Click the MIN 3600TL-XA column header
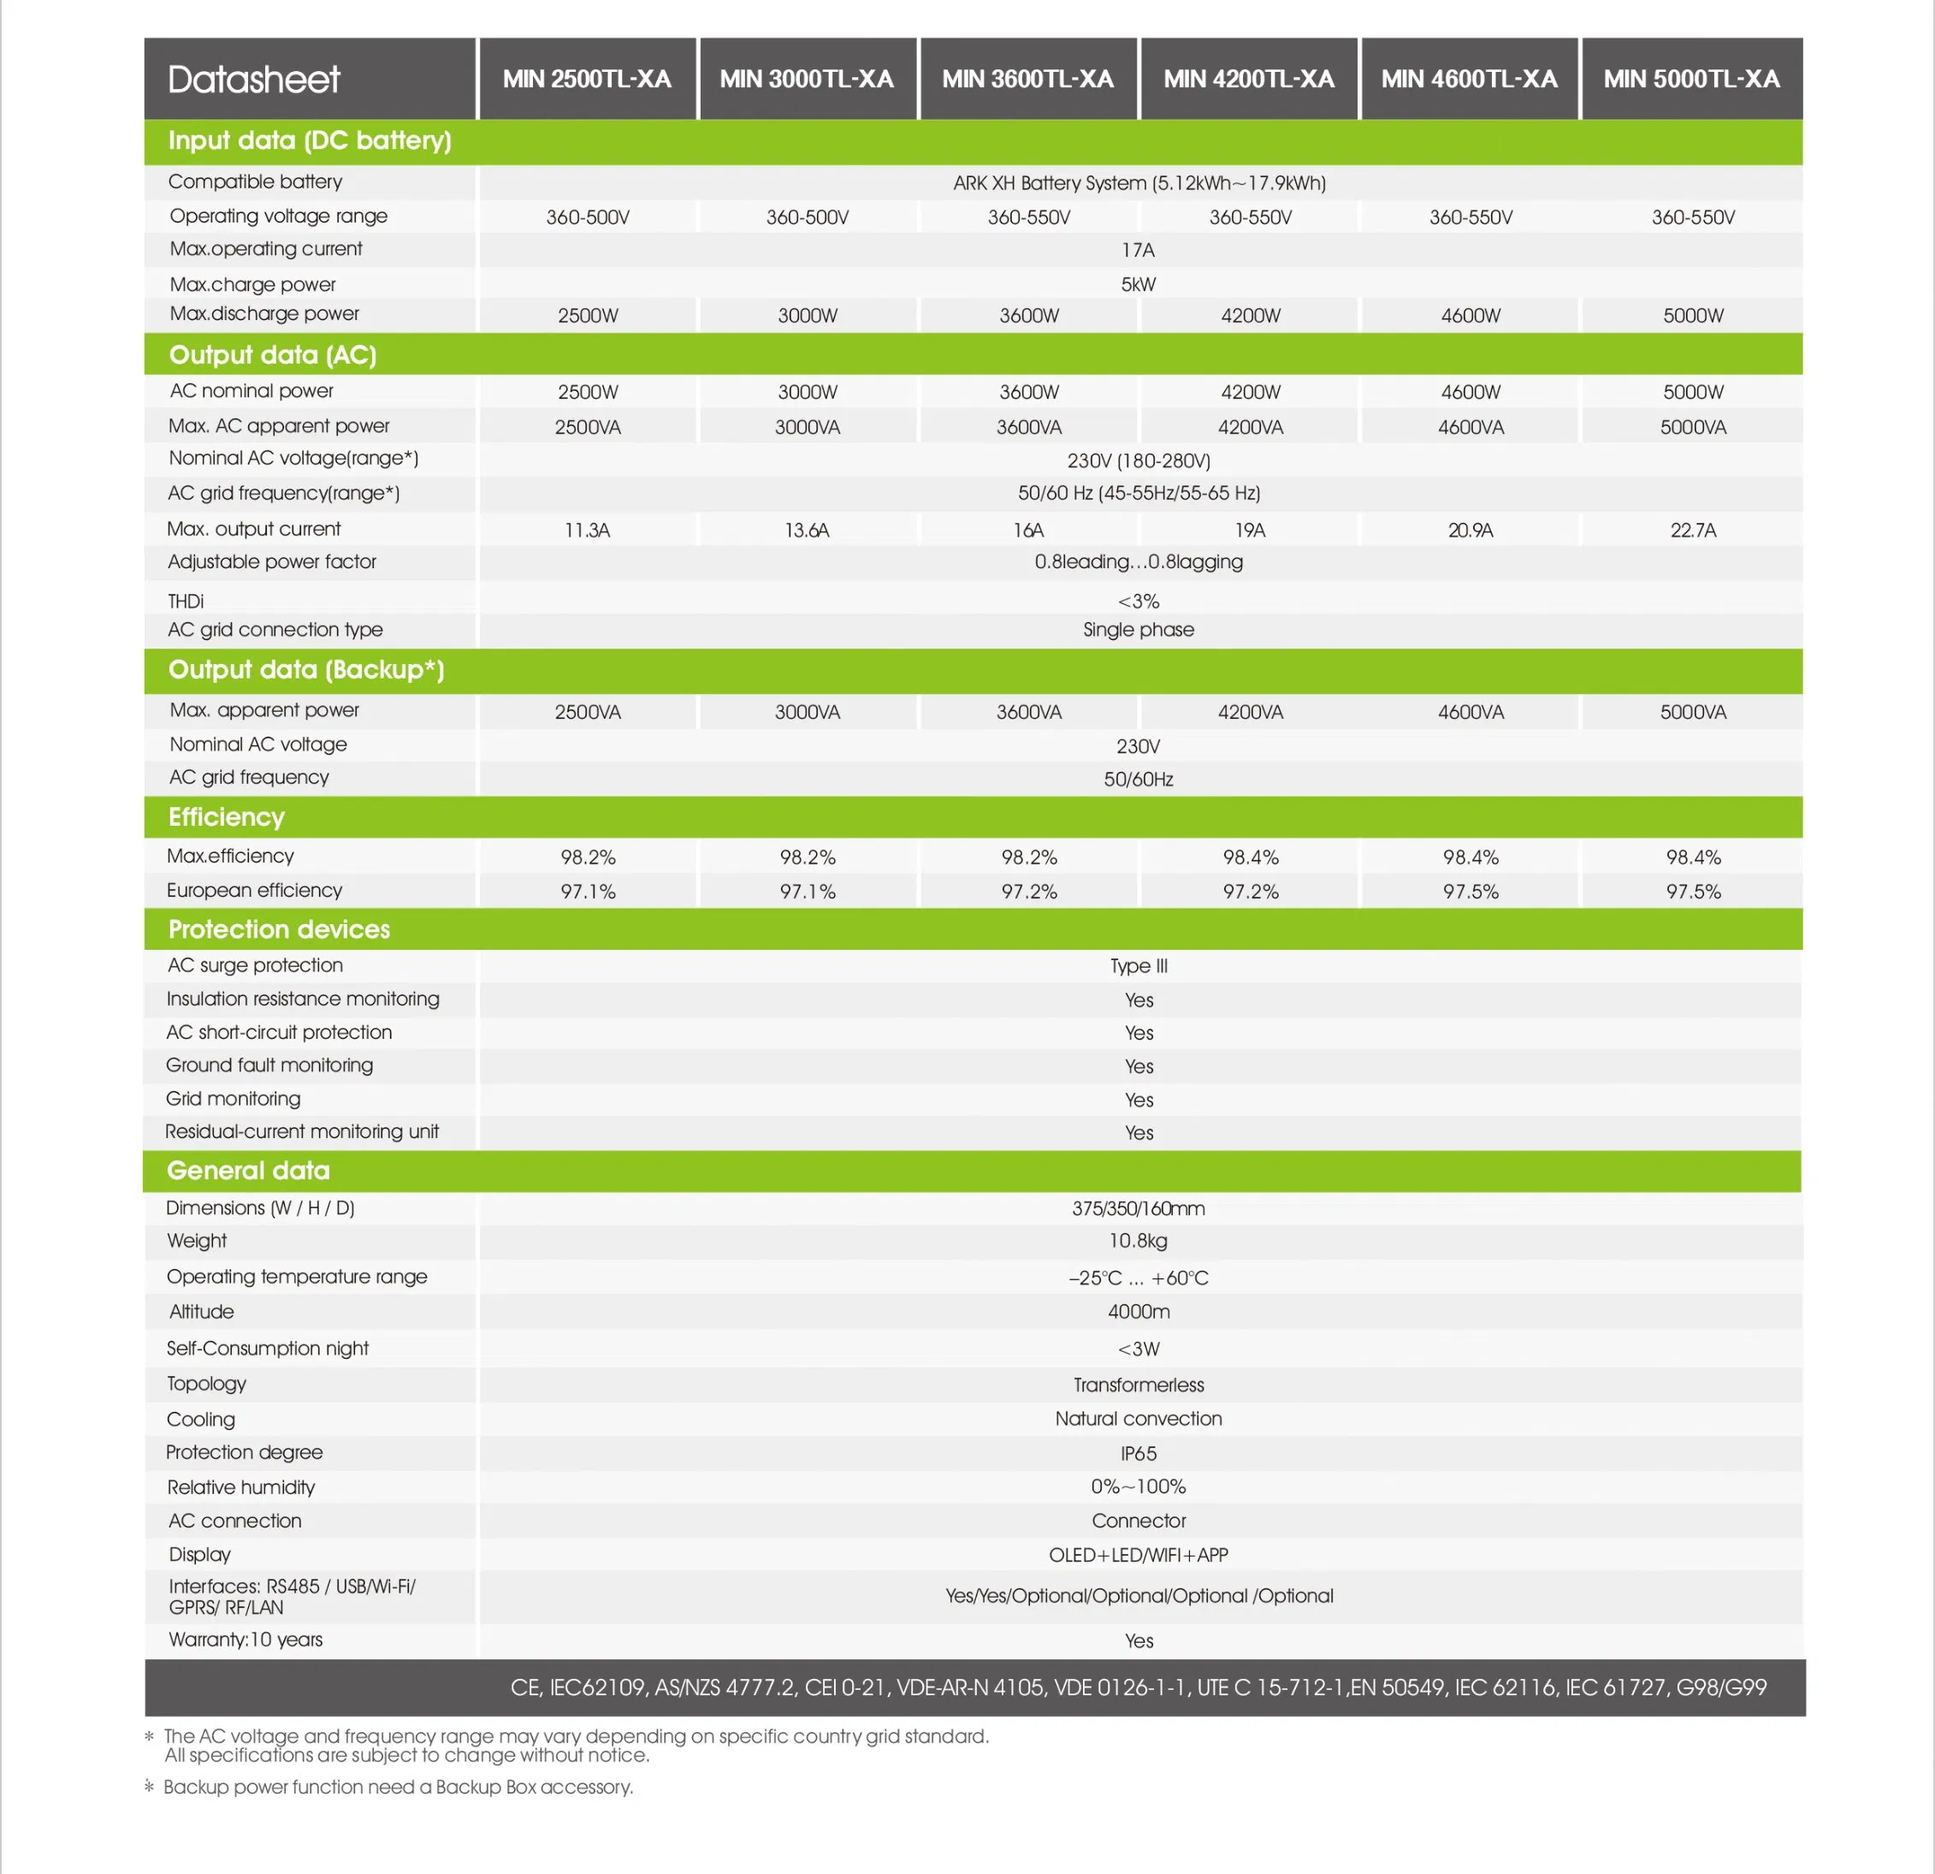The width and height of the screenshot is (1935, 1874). pos(1027,79)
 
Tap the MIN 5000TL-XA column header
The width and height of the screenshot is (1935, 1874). pos(1691,79)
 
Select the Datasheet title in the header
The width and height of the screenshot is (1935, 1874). pos(254,79)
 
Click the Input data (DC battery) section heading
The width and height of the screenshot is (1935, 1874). pos(309,140)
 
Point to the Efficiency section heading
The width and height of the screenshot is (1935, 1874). pos(226,816)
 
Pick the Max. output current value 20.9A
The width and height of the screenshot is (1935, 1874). pos(1470,531)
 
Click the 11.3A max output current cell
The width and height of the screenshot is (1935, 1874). pos(588,531)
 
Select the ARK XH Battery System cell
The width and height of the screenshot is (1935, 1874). pos(1139,182)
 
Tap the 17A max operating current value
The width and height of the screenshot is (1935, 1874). pos(1138,250)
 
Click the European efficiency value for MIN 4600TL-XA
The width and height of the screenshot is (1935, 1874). pos(1470,892)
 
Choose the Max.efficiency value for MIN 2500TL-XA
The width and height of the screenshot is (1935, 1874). pos(588,857)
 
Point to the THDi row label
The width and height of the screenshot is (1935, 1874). pos(186,602)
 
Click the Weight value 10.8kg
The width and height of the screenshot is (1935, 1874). pos(1138,1241)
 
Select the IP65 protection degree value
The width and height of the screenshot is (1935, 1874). pos(1139,1453)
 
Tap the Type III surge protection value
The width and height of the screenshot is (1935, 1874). pos(1139,965)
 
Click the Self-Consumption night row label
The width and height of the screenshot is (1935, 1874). pos(268,1348)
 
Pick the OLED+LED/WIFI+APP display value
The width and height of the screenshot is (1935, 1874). pos(1139,1555)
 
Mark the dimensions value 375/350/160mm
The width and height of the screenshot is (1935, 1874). pos(1139,1208)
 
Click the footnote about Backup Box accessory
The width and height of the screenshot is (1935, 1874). pos(398,1787)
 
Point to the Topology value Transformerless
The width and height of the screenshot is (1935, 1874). pos(1139,1385)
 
